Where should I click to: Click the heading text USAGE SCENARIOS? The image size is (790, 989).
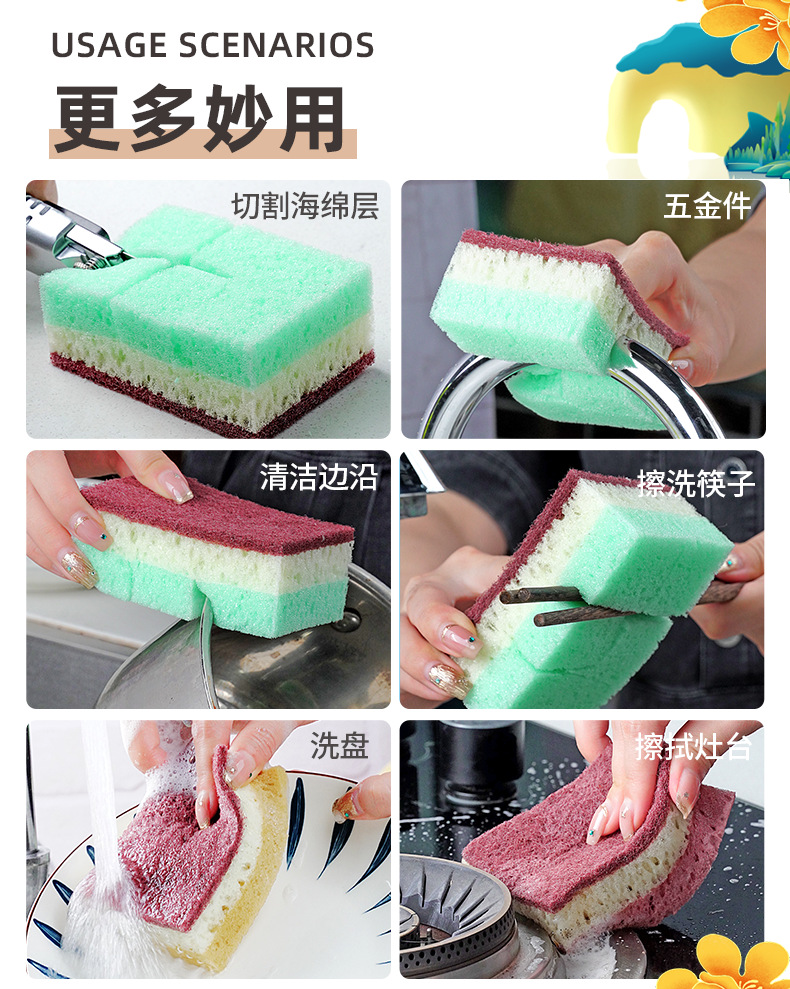tap(212, 46)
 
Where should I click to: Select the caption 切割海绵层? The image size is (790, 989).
tap(305, 206)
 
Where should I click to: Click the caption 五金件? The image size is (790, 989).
tap(707, 206)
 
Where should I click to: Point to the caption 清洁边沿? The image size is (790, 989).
tap(319, 476)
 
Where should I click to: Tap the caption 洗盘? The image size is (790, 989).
tap(339, 745)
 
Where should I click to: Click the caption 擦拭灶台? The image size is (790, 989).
tap(692, 746)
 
